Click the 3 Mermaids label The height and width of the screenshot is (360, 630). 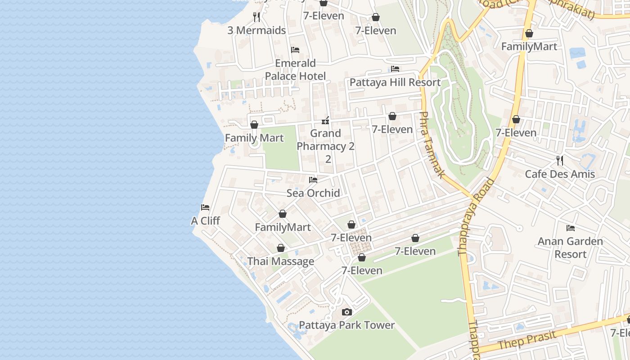256,31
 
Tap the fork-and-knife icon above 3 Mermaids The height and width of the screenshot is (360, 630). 256,17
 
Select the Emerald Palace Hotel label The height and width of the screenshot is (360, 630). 295,69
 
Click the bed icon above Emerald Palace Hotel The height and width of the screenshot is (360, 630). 295,49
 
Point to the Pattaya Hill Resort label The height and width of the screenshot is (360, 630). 395,82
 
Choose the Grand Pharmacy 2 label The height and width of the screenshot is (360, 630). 326,146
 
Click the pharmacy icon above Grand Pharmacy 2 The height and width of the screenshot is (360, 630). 326,121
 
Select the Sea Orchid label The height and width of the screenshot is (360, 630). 313,193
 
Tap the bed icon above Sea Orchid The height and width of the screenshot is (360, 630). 313,180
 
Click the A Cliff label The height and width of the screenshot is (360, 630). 205,220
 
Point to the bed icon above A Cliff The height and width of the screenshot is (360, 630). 205,207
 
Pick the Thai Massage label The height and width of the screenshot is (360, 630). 281,261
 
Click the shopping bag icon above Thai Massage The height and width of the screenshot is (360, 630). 281,248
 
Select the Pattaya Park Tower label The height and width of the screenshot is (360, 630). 346,325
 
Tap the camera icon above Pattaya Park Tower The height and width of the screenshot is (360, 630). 346,312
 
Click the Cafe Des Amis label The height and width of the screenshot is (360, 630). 560,174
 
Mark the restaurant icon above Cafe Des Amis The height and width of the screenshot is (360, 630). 560,161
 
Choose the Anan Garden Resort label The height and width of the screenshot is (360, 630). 570,247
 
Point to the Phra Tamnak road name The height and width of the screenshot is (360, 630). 432,144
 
